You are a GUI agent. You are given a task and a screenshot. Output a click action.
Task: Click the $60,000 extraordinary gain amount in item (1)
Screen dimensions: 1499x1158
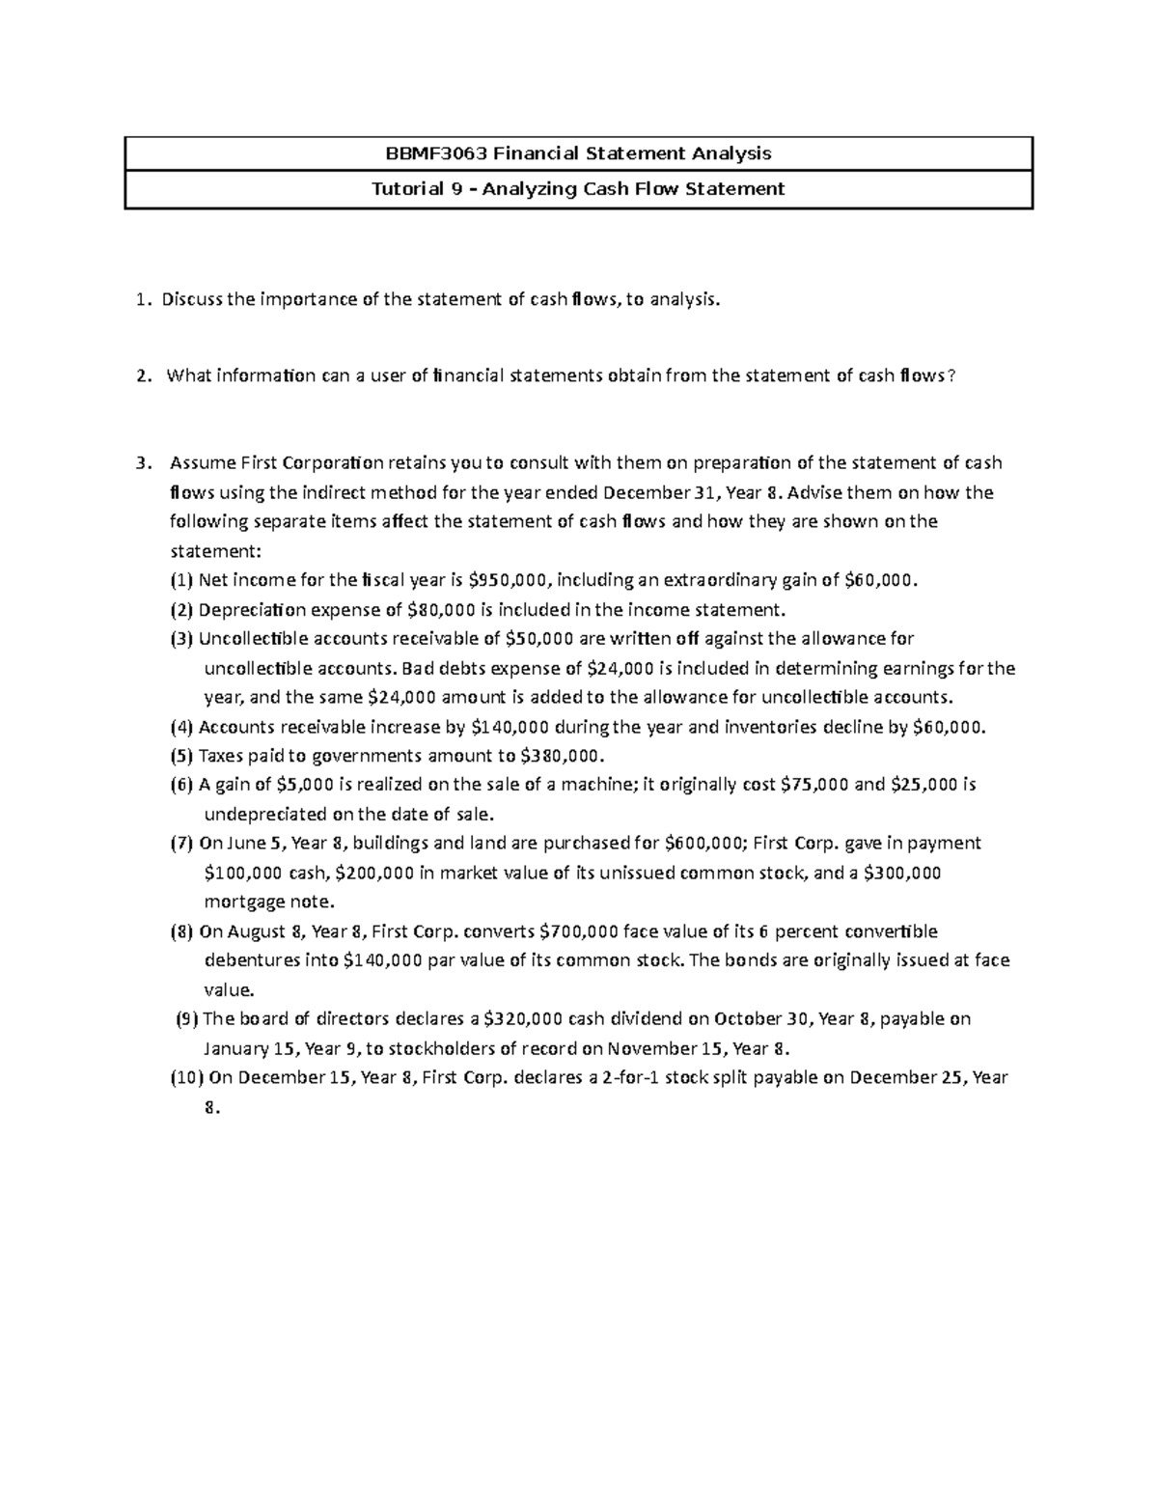click(879, 580)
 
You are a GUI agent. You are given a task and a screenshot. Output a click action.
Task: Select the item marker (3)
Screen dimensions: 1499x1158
click(182, 639)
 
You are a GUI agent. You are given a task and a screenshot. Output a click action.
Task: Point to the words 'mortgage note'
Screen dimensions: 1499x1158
click(268, 902)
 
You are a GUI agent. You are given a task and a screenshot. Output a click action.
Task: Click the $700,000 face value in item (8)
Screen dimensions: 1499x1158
click(579, 931)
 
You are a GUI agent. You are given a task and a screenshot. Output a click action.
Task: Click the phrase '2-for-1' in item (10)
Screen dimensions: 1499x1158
click(634, 1077)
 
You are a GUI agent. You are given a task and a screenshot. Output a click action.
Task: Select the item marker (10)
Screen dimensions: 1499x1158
click(186, 1077)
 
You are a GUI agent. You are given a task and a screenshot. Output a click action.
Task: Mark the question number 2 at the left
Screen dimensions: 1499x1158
click(143, 376)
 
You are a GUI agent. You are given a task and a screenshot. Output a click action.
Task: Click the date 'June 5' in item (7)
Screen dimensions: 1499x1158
click(257, 843)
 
